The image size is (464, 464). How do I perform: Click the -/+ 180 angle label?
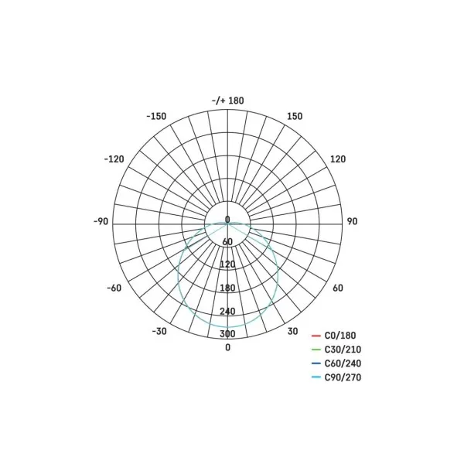point(228,101)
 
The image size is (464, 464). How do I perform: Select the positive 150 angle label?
point(295,116)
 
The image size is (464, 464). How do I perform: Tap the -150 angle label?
point(156,116)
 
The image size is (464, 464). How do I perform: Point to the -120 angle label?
point(114,159)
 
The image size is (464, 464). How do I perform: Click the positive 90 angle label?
point(352,221)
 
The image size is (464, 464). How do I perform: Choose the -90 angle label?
point(101,221)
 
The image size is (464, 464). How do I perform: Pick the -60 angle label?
point(114,288)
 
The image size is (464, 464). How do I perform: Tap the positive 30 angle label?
point(292,331)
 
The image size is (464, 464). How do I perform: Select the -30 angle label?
point(159,331)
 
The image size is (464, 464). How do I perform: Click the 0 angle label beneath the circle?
point(227,347)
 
